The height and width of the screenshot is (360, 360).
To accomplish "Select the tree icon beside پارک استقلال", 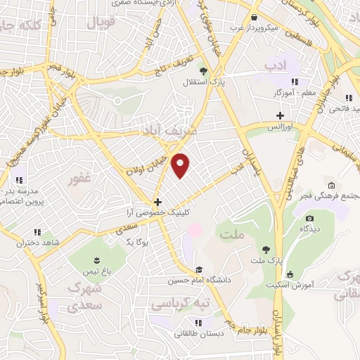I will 203,70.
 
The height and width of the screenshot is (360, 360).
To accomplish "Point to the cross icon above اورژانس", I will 280,115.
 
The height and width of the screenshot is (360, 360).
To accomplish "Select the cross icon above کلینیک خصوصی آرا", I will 157,201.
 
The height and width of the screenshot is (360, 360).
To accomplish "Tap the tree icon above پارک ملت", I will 265,249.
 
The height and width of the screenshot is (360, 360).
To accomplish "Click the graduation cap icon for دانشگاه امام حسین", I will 200,270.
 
